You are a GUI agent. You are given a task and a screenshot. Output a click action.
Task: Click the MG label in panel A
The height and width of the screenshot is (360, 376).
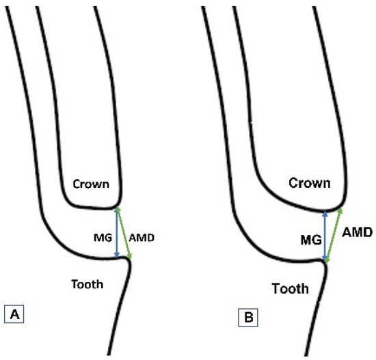[101, 238]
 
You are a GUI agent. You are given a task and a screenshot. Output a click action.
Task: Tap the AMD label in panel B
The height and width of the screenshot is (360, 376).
[357, 232]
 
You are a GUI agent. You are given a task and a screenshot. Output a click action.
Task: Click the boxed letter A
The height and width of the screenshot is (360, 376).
[14, 315]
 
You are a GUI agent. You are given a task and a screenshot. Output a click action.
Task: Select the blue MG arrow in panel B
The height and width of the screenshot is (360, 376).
[325, 236]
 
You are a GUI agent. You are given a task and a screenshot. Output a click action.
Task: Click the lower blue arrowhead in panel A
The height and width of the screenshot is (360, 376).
[118, 255]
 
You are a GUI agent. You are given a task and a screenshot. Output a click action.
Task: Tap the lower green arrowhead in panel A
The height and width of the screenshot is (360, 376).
[129, 258]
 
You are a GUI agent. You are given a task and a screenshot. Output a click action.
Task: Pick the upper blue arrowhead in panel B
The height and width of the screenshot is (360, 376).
[325, 212]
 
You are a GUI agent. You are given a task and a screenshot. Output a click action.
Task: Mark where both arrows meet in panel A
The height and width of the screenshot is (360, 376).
[118, 208]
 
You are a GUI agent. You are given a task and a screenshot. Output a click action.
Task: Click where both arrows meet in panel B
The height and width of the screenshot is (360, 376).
[325, 262]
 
